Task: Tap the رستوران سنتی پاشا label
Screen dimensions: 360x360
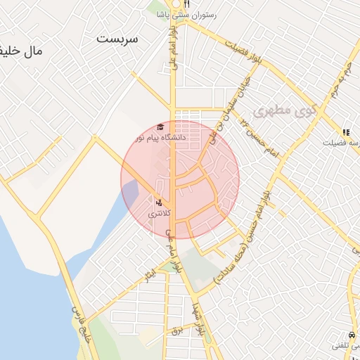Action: pyautogui.click(x=186, y=14)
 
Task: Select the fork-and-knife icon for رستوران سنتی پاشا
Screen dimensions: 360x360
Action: pyautogui.click(x=167, y=4)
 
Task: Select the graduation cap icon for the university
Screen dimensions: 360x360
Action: pyautogui.click(x=160, y=127)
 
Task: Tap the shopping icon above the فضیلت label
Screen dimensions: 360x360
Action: pyautogui.click(x=345, y=131)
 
